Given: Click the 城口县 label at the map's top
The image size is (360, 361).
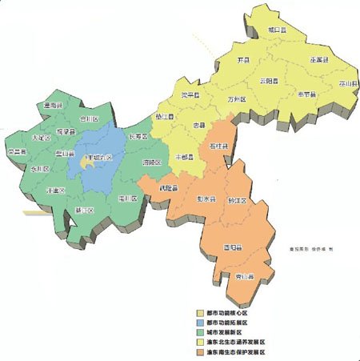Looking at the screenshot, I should click(278, 30).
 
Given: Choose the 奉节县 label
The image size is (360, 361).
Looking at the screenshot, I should click(307, 94).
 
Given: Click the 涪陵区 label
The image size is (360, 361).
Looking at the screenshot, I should click(151, 162).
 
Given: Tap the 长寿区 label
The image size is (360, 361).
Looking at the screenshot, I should click(140, 137).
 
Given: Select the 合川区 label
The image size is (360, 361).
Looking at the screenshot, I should click(87, 119).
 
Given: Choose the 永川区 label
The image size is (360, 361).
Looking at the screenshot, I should click(40, 170).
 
